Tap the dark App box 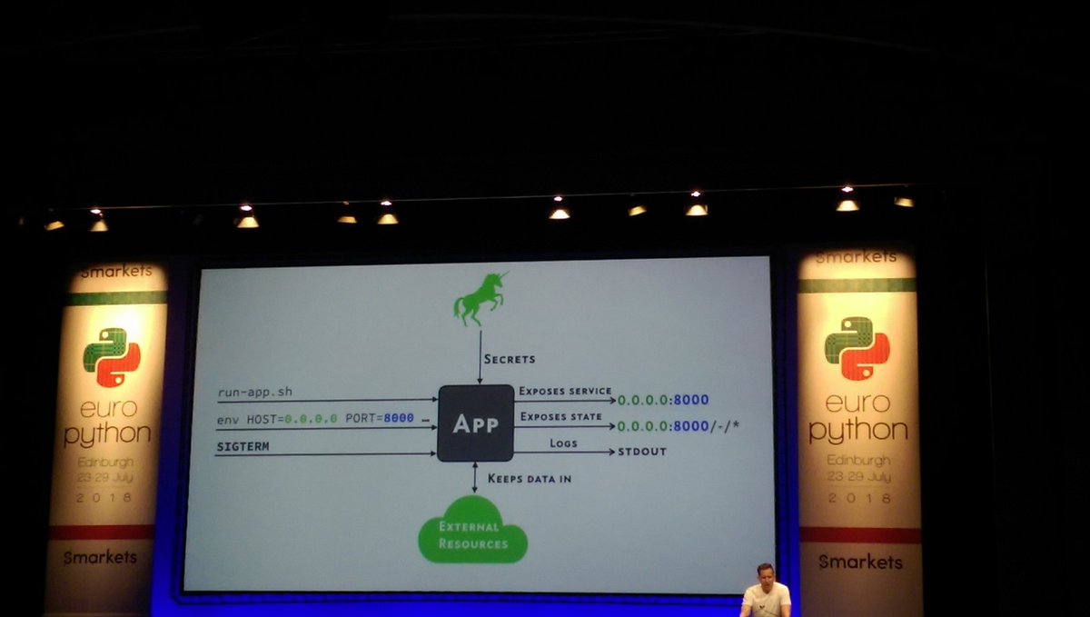[475, 423]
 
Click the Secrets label [510, 359]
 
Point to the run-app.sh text [254, 393]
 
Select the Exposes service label [565, 391]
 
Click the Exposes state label [560, 417]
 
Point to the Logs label [563, 443]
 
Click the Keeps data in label [530, 478]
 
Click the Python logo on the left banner [111, 357]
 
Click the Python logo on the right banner [857, 348]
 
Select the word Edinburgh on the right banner [857, 460]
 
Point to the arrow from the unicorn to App [480, 357]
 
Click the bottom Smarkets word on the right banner [859, 562]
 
